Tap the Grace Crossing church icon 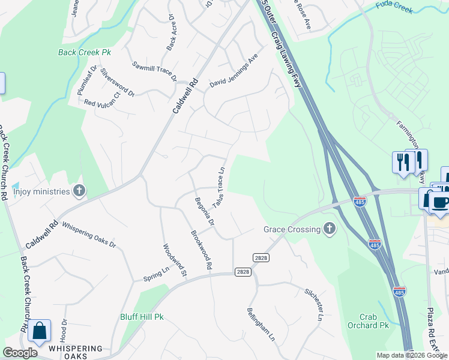329,229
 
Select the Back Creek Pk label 85,52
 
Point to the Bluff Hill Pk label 142,316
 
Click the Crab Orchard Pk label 368,321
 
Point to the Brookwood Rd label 202,250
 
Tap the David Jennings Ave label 233,73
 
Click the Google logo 20,353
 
